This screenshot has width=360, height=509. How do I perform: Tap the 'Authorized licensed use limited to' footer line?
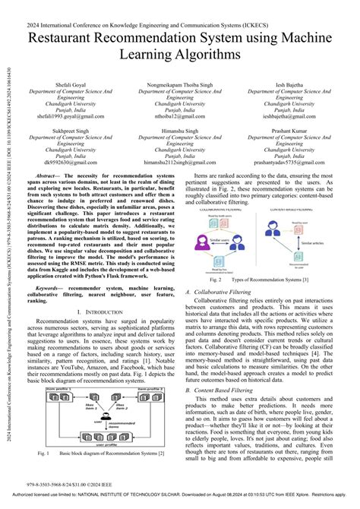coord(180,502)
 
